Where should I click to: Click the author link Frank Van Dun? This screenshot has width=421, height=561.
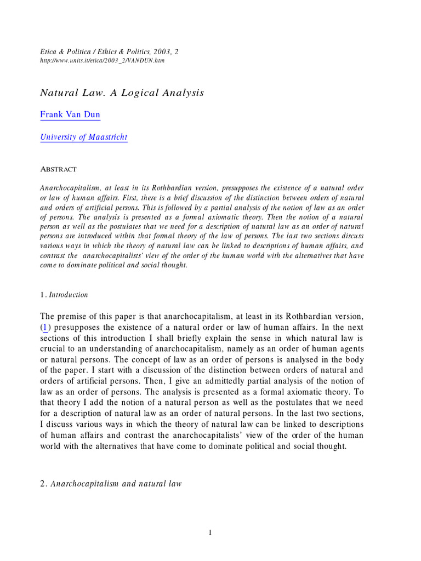(70, 115)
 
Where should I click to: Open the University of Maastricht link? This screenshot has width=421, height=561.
(84, 137)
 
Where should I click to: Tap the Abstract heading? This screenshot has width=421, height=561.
(58, 169)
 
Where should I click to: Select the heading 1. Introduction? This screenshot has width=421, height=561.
(64, 295)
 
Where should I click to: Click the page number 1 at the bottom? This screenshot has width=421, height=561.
(210, 533)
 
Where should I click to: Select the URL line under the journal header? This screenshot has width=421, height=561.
(102, 60)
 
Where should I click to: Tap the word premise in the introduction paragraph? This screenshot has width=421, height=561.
(75, 317)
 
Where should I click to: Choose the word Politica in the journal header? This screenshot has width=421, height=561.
(69, 51)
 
